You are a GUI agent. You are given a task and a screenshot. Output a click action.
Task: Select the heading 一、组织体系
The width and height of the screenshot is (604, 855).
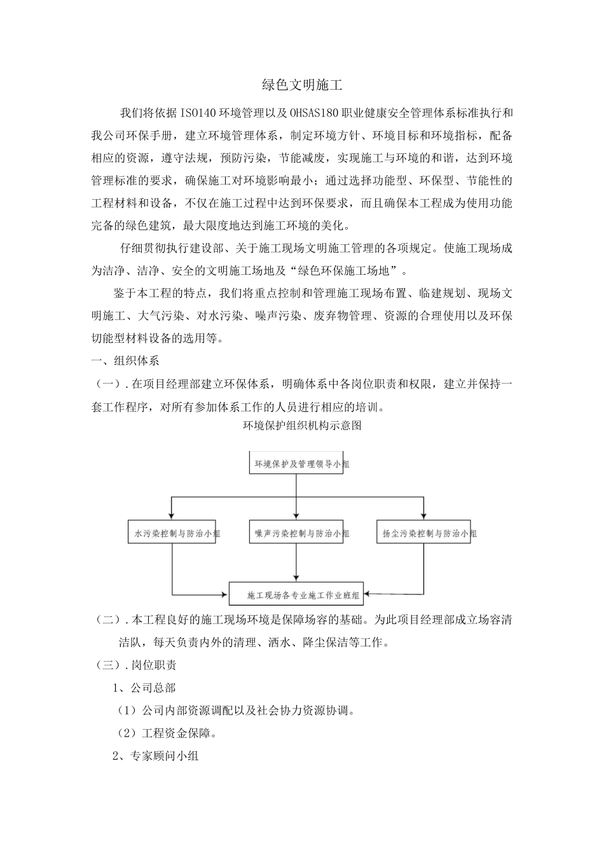click(x=125, y=361)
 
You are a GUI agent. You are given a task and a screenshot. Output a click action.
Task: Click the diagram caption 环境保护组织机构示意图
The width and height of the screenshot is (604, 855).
click(x=302, y=426)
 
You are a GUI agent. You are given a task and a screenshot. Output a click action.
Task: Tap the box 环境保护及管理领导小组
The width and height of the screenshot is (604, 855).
click(x=297, y=464)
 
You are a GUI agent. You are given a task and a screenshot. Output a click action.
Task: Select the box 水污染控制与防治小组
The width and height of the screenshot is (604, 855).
click(x=172, y=534)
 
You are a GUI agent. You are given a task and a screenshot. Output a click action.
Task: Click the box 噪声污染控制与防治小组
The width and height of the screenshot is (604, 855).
click(x=297, y=534)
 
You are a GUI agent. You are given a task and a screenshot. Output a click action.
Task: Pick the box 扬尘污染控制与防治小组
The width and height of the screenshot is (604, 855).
click(x=424, y=534)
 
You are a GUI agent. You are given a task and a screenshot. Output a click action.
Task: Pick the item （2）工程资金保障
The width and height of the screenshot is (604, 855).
click(x=167, y=733)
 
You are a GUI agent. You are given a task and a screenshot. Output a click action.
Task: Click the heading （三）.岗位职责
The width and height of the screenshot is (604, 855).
click(x=136, y=665)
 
